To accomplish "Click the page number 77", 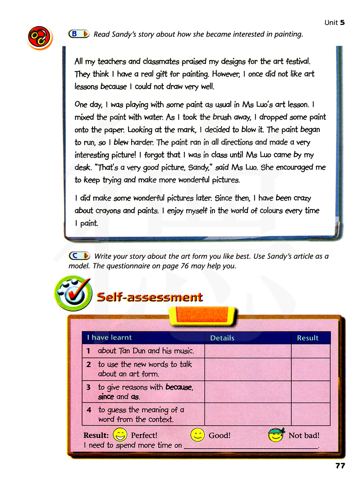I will pos(340,466).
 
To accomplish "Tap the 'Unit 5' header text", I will pos(334,23).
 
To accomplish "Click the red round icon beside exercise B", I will pos(39,37).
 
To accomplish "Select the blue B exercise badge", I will pos(79,34).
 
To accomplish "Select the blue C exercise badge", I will pos(79,256).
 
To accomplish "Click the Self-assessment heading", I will pos(150,297).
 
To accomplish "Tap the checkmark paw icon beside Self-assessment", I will pos(73,293).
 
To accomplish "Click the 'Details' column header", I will pos(222,338).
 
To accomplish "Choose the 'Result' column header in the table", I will pos(307,338).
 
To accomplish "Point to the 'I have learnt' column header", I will pos(109,338).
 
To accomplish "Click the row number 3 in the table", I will pos(89,387).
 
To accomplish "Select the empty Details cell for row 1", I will pos(248,351).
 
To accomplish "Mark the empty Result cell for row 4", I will pos(310,414).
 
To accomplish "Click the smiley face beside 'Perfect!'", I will pos(120,435).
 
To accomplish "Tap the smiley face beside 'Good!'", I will pos(197,435).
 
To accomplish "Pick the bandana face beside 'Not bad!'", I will pos(276,435).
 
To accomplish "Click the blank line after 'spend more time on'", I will pos(251,446).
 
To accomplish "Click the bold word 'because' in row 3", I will pos(179,387).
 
